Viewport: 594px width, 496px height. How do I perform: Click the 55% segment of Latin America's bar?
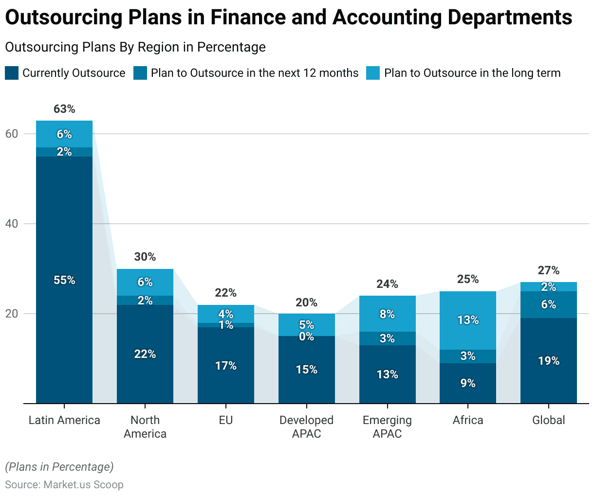click(x=64, y=280)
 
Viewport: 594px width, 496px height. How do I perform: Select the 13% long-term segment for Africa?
click(x=468, y=320)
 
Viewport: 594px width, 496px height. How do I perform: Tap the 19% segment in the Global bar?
click(x=549, y=361)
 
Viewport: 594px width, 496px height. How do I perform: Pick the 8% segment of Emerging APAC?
click(x=388, y=314)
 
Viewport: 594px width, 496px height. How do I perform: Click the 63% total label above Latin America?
click(x=64, y=109)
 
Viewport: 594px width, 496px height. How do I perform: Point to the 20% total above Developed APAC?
click(x=307, y=302)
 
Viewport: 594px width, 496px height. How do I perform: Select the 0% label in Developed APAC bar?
click(x=307, y=337)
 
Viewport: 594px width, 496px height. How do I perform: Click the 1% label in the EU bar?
click(x=226, y=325)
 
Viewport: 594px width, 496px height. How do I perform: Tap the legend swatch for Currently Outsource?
click(x=12, y=73)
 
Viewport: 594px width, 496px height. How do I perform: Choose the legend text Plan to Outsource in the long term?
click(x=472, y=73)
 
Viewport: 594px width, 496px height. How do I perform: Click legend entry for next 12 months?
click(x=254, y=73)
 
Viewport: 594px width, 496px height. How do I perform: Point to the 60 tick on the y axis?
click(x=12, y=134)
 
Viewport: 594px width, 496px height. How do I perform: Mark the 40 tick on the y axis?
click(x=12, y=224)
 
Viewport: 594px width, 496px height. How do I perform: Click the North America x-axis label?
click(x=145, y=427)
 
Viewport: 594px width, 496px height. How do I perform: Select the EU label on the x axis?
click(x=226, y=420)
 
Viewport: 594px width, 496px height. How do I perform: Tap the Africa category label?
click(x=468, y=420)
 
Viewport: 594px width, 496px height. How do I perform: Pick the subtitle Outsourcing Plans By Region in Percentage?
click(x=135, y=47)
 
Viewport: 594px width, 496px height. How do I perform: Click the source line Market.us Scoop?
click(x=64, y=485)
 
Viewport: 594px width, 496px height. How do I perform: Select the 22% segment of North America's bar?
click(x=145, y=354)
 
